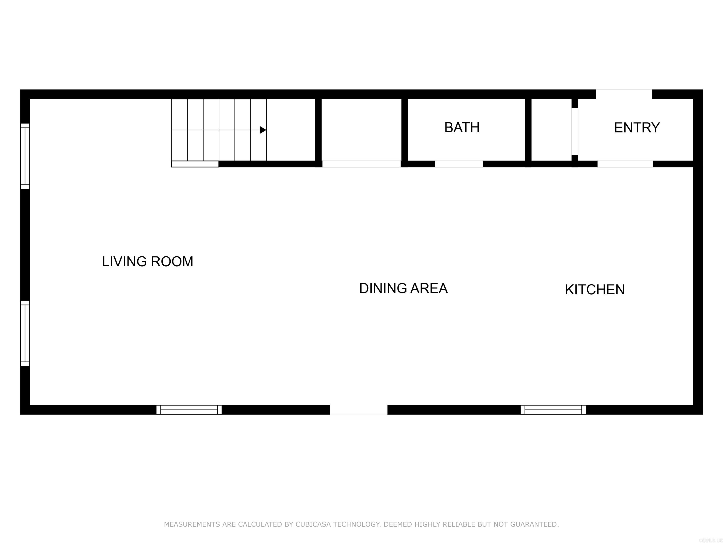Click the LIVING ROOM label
coord(147,262)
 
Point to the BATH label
coord(462,128)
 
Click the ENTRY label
coord(637,128)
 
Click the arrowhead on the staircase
coord(262,130)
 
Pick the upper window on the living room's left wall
coord(25,156)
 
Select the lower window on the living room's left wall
coord(25,333)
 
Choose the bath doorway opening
coord(459,164)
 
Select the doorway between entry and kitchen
coord(625,164)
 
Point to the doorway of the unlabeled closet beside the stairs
coord(361,164)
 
